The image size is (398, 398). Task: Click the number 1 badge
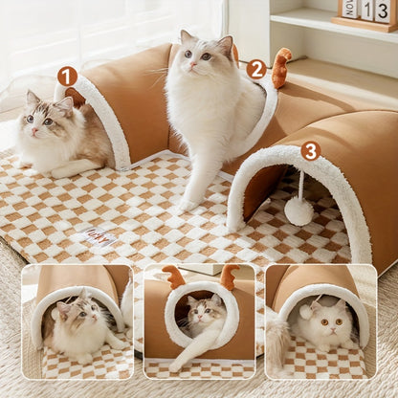click(x=66, y=76)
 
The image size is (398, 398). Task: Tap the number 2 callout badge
click(x=255, y=69)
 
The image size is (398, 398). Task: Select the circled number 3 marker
click(x=310, y=150)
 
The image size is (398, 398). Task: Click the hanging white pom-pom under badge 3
click(x=298, y=210)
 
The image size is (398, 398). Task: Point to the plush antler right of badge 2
click(x=280, y=67)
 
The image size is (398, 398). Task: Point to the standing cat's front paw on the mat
click(x=188, y=203)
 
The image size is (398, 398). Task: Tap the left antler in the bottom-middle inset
click(x=174, y=277)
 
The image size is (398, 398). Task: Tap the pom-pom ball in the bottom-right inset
click(x=305, y=310)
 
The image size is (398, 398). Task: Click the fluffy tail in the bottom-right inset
click(x=277, y=344)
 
